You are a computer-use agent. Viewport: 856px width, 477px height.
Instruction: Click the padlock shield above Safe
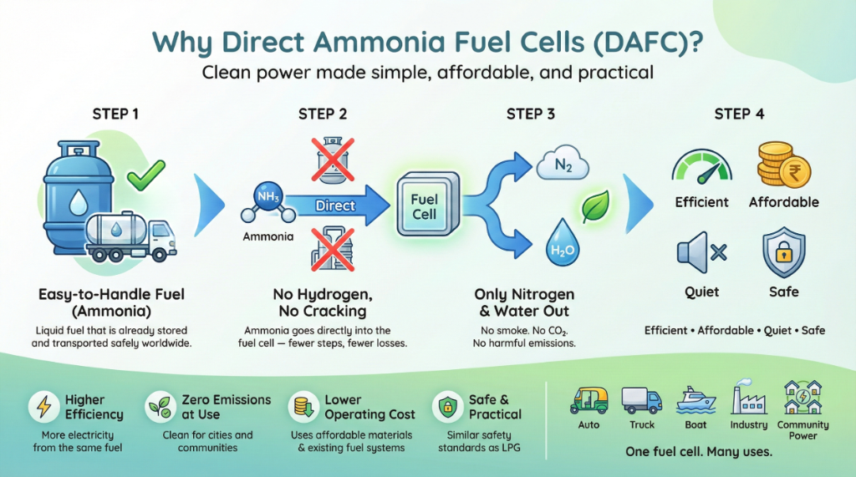coord(783,251)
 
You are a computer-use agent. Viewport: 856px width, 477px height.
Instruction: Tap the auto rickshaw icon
coord(588,400)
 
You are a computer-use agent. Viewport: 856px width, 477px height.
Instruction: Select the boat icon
coord(695,400)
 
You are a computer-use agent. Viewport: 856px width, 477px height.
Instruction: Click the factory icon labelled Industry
coord(747,399)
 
